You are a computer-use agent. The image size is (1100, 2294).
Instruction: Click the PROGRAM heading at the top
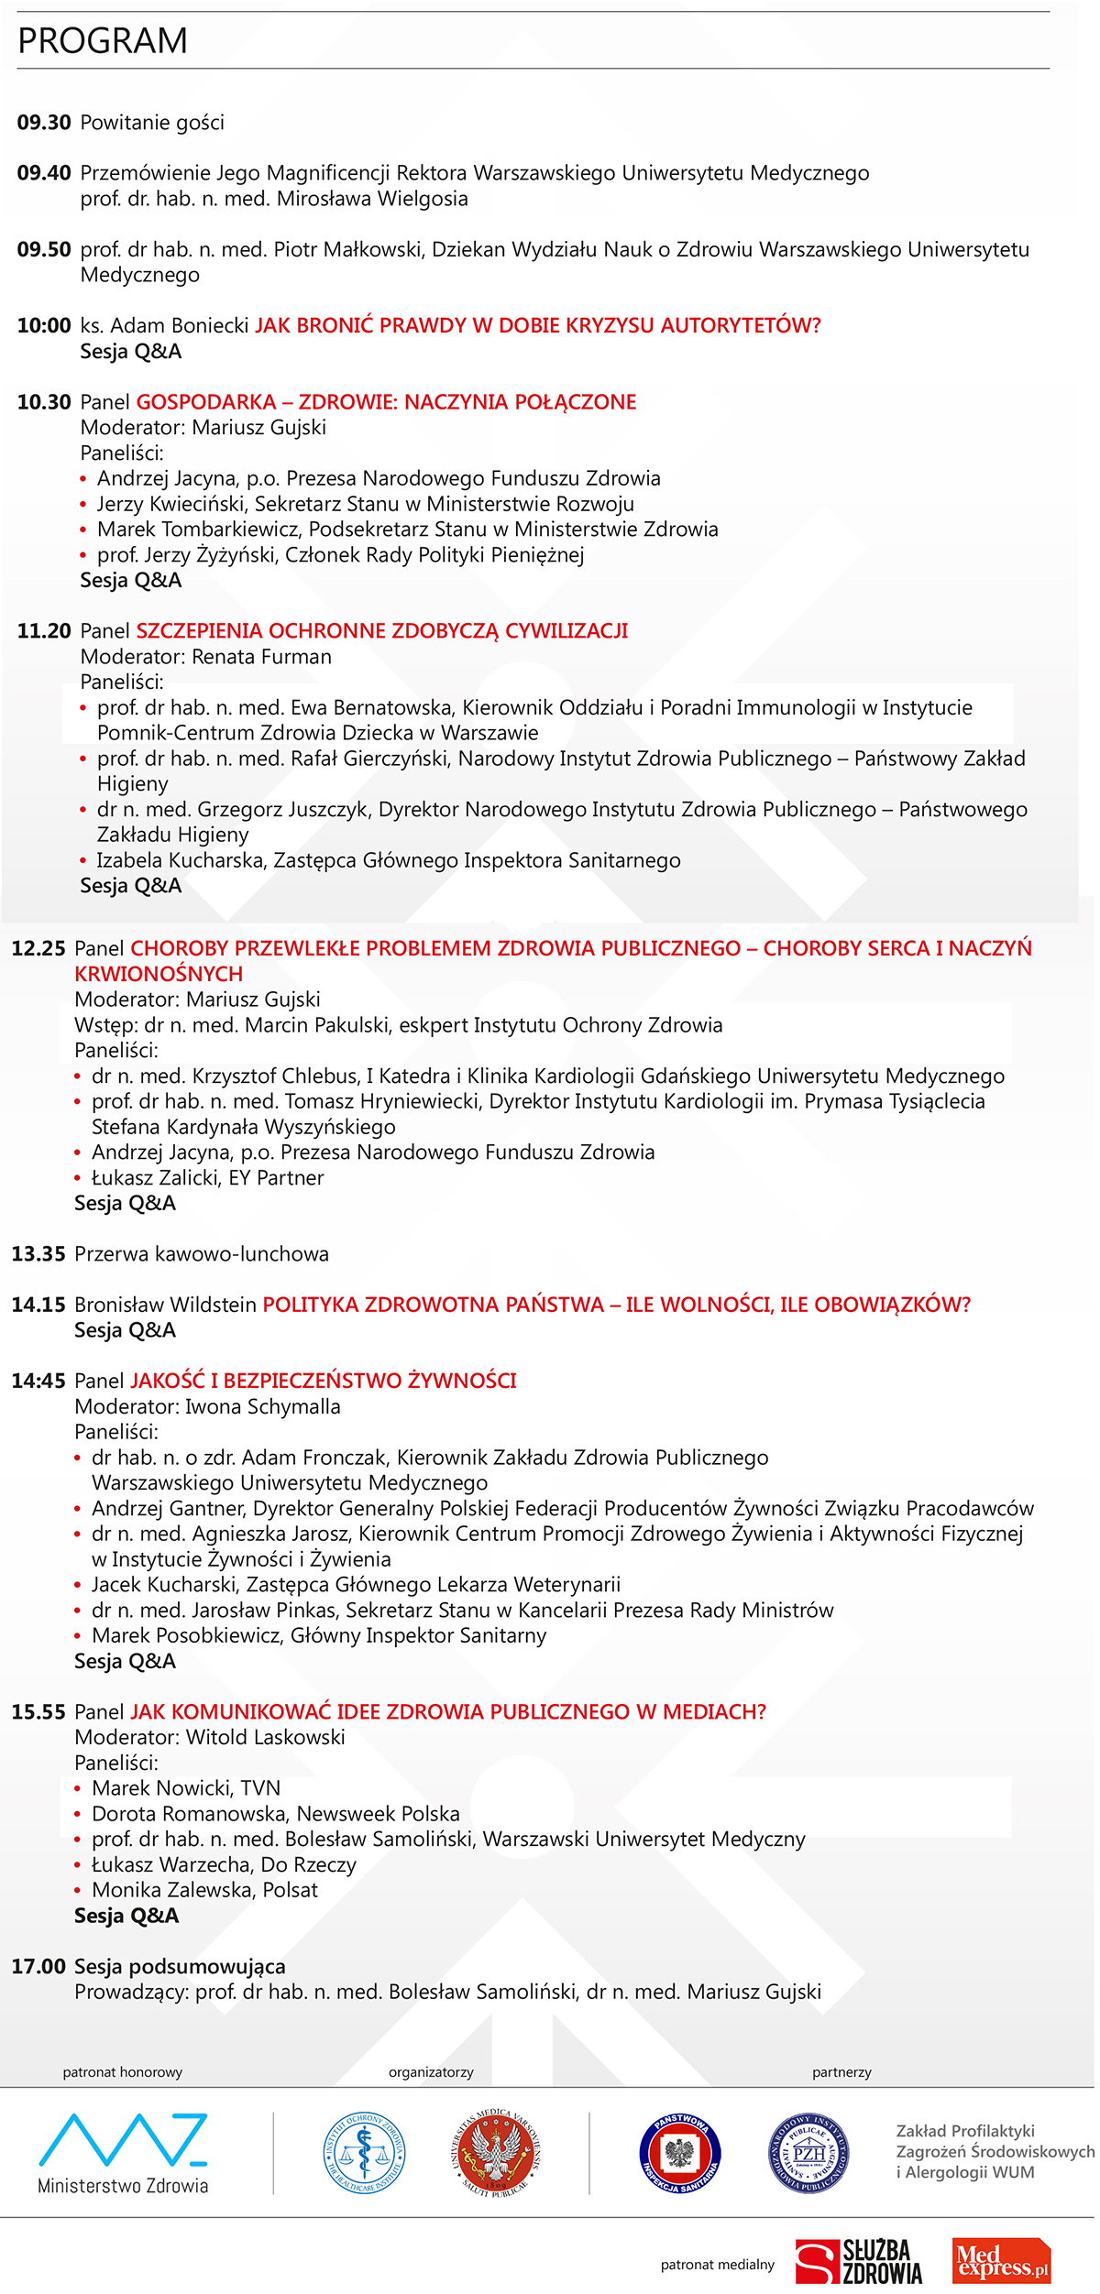[103, 41]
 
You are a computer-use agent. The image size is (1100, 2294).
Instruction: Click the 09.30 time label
[44, 123]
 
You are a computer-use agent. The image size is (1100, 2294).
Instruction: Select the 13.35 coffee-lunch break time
[38, 1254]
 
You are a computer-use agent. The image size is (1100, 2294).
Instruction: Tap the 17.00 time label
[38, 1967]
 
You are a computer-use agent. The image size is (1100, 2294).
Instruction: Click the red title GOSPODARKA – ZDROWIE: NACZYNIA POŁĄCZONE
[386, 402]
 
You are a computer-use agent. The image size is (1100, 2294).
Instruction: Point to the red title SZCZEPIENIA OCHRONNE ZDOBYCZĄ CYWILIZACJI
[382, 631]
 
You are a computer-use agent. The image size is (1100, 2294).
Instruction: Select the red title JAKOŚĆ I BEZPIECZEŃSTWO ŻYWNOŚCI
[324, 1382]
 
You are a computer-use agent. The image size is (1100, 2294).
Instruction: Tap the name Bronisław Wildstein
[165, 1305]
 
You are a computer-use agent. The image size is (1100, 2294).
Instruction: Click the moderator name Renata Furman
[262, 657]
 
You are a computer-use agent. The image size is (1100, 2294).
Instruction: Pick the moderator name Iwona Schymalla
[263, 1407]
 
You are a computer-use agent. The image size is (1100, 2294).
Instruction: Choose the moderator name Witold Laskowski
[266, 1738]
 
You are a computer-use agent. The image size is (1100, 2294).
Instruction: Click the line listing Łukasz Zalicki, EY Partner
[207, 1178]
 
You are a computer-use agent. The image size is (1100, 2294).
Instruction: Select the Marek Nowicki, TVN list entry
[186, 1788]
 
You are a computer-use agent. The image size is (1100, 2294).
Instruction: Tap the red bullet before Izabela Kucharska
[82, 861]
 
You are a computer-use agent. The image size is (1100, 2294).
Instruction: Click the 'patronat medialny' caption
[717, 2265]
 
